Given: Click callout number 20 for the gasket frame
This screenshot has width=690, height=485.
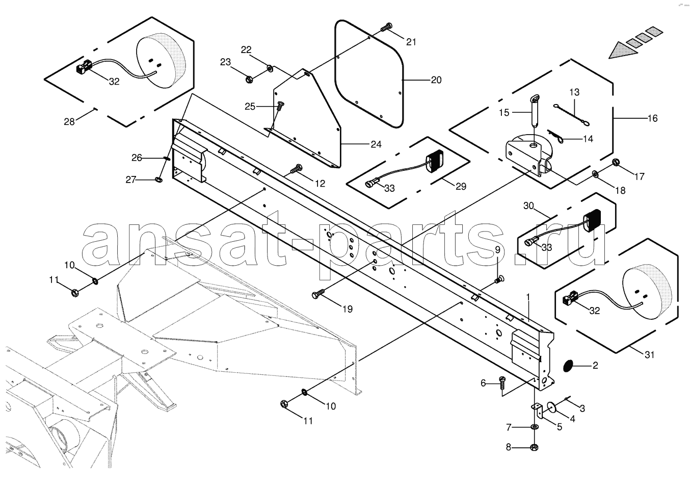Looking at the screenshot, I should point(436,80).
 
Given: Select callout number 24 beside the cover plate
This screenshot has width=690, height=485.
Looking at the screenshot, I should point(376,144).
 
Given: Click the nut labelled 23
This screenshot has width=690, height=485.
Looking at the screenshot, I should point(250,79).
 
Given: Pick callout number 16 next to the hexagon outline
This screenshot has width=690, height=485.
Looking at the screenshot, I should point(653,118).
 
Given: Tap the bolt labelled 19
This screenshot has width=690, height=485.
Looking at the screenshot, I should point(319,295).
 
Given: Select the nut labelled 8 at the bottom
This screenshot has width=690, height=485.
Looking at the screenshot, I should point(535,447).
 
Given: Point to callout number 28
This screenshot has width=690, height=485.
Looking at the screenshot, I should point(69,121).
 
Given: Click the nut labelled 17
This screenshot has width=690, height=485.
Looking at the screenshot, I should point(616,163).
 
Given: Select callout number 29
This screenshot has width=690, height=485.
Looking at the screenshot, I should point(460,187).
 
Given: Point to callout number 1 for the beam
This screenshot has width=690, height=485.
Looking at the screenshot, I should point(528,296).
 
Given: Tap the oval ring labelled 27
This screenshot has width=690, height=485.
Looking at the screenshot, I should point(157,179).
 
